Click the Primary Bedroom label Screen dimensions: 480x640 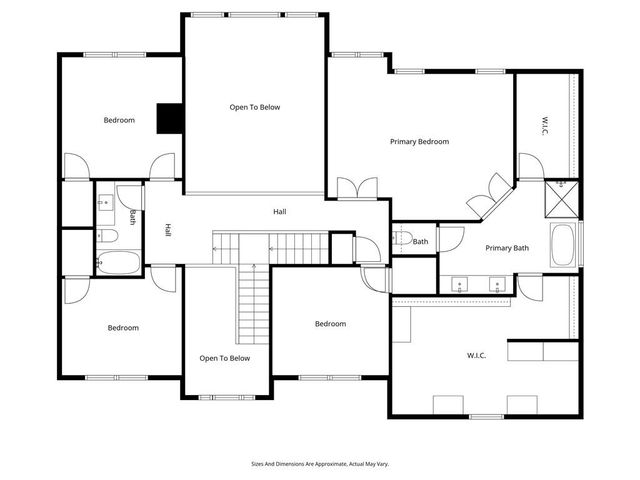point(419,142)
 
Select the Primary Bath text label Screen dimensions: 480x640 point(506,248)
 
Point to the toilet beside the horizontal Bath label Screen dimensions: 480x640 point(402,240)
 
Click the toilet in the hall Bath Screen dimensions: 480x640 point(111,236)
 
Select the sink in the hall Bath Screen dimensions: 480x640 point(104,202)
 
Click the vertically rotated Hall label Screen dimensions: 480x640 point(167,230)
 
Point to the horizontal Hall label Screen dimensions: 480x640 point(280,212)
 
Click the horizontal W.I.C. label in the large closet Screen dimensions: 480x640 point(475,354)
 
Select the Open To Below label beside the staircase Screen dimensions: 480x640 point(224,358)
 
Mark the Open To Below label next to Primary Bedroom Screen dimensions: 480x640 point(254,107)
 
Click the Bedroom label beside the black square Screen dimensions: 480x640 point(119,121)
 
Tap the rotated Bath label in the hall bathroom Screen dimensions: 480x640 point(132,216)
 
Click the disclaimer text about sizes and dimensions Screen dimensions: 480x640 point(320,464)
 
